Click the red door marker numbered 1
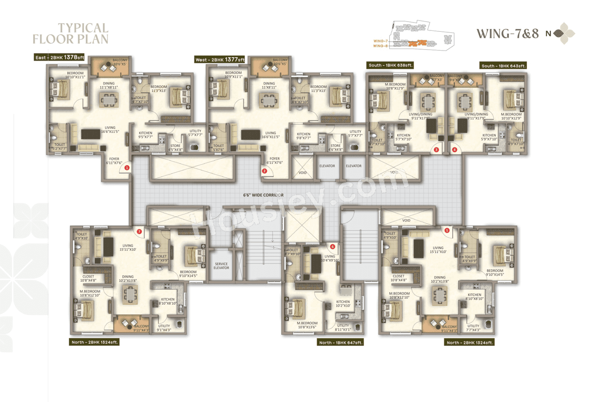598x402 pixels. (127, 167)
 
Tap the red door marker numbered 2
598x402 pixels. (264, 171)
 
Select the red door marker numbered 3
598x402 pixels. (436, 150)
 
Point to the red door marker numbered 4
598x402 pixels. (455, 150)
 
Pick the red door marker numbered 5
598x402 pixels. (447, 230)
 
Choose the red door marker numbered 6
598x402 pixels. (333, 246)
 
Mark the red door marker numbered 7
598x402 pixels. (139, 230)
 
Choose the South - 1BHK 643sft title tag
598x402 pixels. (504, 66)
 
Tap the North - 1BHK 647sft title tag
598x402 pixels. (341, 343)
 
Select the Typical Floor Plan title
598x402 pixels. (71, 33)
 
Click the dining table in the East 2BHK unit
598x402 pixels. (108, 100)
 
